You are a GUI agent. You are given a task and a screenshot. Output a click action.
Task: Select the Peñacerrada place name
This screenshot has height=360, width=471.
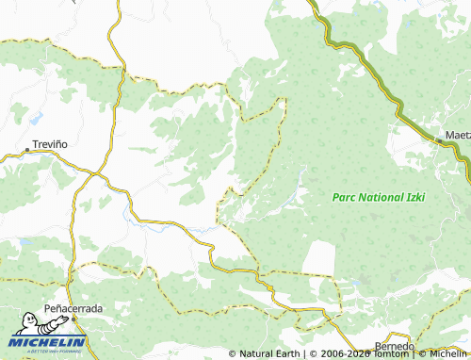point(73,308)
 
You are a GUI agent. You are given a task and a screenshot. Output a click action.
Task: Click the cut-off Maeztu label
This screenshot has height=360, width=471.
point(458,134)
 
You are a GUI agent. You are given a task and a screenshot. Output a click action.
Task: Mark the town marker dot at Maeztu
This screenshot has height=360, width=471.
point(438,141)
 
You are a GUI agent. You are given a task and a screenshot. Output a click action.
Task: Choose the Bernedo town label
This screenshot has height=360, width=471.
point(394,346)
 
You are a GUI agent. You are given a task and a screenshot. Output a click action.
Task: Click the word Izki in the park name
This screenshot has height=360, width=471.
point(414,196)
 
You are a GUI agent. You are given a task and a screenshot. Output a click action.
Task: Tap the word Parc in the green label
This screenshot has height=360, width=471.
point(346,196)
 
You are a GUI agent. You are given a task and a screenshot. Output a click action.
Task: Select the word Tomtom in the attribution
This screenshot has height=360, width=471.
point(387,353)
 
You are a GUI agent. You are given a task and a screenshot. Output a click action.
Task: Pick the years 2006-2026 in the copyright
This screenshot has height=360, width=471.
point(338,353)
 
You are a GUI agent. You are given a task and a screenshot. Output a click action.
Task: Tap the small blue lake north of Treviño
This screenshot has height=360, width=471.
point(36,120)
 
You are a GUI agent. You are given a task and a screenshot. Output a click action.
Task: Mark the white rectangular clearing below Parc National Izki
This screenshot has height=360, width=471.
point(319,258)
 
